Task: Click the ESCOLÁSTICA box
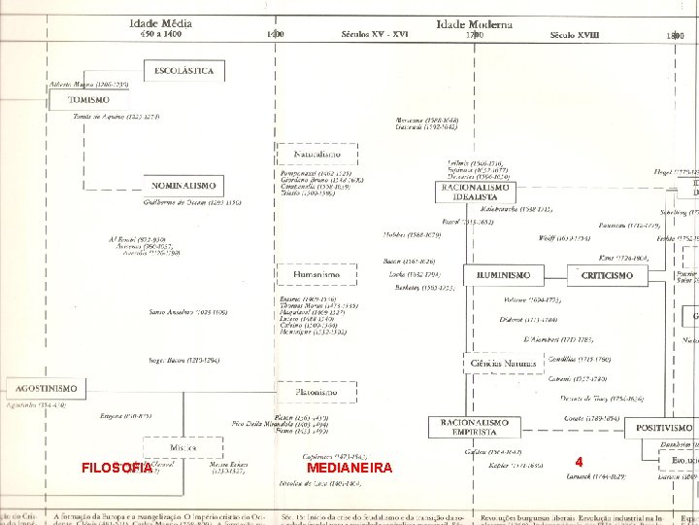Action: pyautogui.click(x=184, y=71)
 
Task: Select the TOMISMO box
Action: pyautogui.click(x=97, y=100)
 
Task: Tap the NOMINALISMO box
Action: pyautogui.click(x=183, y=185)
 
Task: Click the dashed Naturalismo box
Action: pyautogui.click(x=317, y=155)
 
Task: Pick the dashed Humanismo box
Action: pyautogui.click(x=316, y=275)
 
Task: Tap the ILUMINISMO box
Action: pyautogui.click(x=502, y=275)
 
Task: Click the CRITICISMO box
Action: pyautogui.click(x=607, y=275)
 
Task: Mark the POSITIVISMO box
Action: pyautogui.click(x=664, y=427)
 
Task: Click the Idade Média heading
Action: pyautogui.click(x=160, y=22)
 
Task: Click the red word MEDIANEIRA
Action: pyautogui.click(x=349, y=468)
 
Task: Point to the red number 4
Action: pyautogui.click(x=579, y=461)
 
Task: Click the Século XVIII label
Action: pyautogui.click(x=575, y=35)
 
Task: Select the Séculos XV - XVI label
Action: pyautogui.click(x=374, y=35)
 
